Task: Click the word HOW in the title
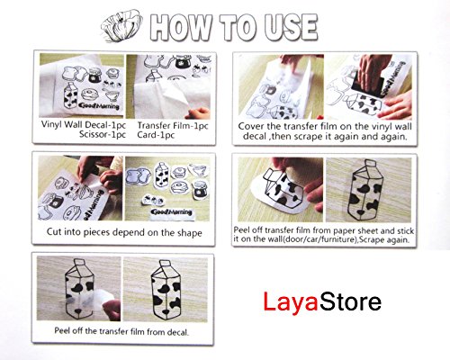point(180,27)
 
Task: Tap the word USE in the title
point(290,27)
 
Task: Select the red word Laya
point(290,302)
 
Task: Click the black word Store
point(350,301)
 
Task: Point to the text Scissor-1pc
point(103,134)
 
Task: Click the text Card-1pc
point(156,135)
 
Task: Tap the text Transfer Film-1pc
point(173,125)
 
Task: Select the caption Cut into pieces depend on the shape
point(124,232)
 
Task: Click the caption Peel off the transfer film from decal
point(121,332)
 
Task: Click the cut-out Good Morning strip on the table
point(171,212)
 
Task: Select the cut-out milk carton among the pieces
point(161,175)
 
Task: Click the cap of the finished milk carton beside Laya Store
point(165,264)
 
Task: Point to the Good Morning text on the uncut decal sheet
point(99,105)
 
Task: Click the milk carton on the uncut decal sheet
point(71,95)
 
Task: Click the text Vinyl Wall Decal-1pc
point(84,125)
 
